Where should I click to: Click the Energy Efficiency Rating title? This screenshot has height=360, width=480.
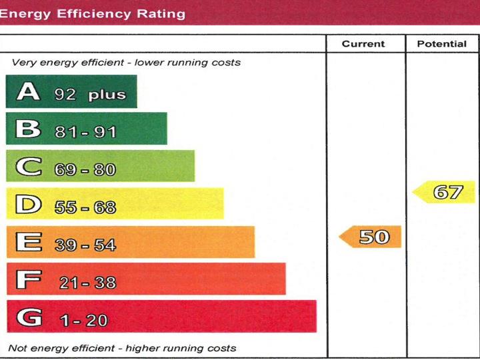93,13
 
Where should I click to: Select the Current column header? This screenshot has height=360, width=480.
363,44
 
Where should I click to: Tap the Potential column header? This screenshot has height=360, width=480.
441,44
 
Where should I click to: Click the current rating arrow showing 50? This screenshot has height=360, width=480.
371,237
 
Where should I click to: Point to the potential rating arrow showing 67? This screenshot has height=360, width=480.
445,193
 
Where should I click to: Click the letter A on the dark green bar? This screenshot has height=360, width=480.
28,91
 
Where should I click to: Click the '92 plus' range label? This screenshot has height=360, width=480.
90,94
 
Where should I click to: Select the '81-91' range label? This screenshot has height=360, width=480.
86,132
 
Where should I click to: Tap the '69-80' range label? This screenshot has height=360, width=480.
85,169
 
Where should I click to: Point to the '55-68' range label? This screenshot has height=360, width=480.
85,207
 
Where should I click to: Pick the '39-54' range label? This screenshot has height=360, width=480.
85,245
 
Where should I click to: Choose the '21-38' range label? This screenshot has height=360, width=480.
87,283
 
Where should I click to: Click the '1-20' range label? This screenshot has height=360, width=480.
83,320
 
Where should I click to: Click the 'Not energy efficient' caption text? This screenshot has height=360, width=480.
122,348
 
